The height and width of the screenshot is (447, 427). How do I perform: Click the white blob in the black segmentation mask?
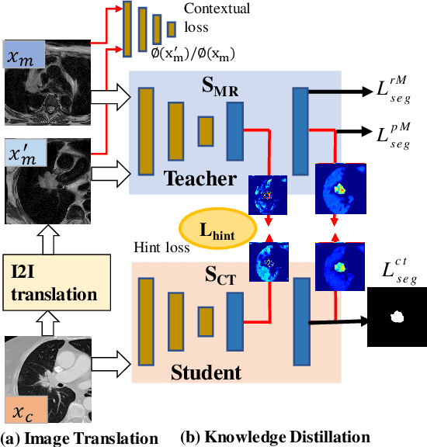[398, 317]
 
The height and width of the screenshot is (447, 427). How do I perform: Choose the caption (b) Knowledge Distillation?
[275, 437]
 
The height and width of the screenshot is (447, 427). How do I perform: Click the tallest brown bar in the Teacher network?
[145, 130]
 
